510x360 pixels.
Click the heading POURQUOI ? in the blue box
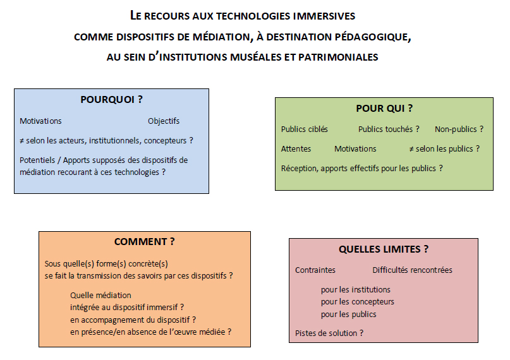(x=111, y=100)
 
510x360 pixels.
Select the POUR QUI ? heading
(x=384, y=109)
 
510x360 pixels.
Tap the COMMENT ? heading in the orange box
(x=144, y=242)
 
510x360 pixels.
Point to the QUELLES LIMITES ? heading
(x=383, y=249)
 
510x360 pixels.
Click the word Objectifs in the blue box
(x=164, y=121)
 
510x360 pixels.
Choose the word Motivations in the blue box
(x=40, y=121)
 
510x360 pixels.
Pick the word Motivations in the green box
(x=355, y=149)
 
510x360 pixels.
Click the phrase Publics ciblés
(x=305, y=129)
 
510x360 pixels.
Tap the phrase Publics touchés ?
(x=389, y=129)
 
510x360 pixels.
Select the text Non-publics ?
(x=459, y=129)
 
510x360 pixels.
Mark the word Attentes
(x=296, y=149)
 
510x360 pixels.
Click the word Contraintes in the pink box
(x=315, y=270)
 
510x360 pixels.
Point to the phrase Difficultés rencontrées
(x=412, y=270)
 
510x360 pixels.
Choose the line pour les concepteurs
(x=357, y=302)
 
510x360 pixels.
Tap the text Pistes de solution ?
(x=329, y=333)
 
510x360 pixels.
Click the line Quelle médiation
(x=101, y=295)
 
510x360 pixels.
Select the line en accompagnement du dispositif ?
(x=133, y=320)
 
